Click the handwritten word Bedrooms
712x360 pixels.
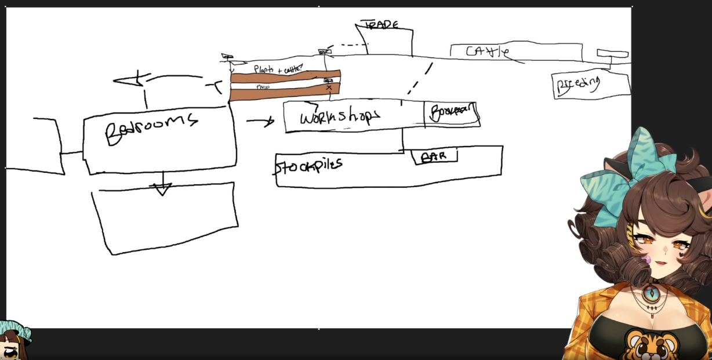pos(151,128)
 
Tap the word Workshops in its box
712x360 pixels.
pos(340,117)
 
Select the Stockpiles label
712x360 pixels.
pos(308,165)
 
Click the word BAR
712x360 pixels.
pos(434,157)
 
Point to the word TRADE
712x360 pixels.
pos(381,25)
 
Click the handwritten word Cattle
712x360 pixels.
pos(487,52)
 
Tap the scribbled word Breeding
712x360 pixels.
pos(577,84)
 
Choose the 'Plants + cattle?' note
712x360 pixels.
pos(278,69)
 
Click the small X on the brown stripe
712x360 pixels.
pos(329,88)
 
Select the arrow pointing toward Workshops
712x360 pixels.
pos(260,122)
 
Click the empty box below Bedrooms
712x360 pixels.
pos(166,218)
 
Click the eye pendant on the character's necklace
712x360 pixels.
pos(652,293)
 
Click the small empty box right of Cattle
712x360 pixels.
pos(612,54)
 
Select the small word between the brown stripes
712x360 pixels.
pos(263,87)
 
